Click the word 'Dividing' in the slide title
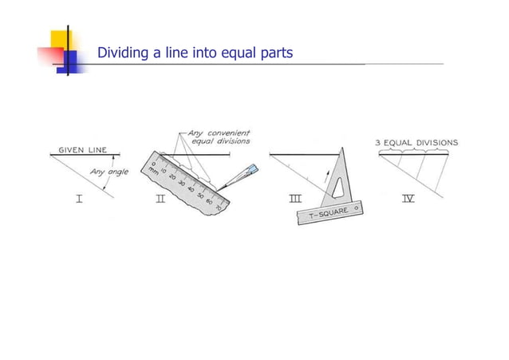point(122,53)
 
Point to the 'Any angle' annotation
point(109,172)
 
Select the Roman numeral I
point(79,198)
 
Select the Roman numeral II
point(160,198)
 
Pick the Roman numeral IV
point(408,198)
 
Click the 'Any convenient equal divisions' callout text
point(218,136)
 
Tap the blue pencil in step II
point(249,173)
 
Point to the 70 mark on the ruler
point(218,208)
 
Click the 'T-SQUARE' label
point(326,214)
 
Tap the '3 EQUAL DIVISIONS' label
point(416,143)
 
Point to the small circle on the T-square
point(356,207)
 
